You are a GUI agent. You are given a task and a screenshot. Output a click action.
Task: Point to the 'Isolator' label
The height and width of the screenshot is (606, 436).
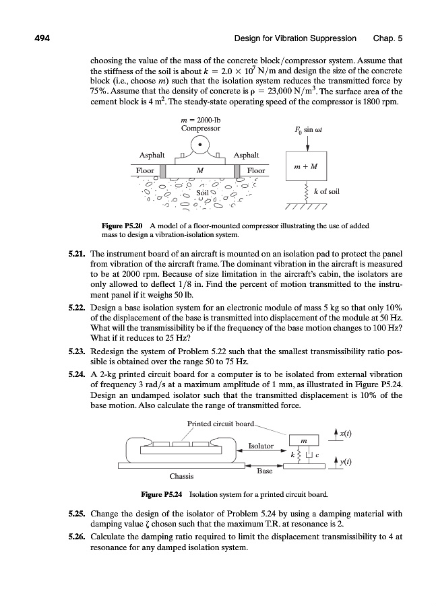coord(261,445)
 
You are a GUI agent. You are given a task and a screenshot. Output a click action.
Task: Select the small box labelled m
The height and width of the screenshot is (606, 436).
coord(304,440)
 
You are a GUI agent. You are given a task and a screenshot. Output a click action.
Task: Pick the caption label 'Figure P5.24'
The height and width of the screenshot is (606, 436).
coord(163,495)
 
